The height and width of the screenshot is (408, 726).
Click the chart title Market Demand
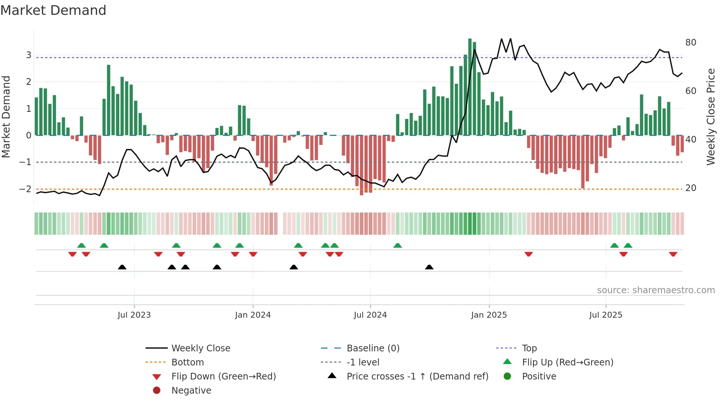pos(53,10)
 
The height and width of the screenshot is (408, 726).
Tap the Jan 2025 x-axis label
pos(489,315)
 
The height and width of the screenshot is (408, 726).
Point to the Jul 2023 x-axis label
pos(134,315)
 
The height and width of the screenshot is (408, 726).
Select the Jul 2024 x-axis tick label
pos(370,315)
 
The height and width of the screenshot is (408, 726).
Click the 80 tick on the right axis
pos(690,43)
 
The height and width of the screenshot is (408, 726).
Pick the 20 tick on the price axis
pos(690,188)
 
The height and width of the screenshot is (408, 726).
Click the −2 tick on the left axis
pos(25,189)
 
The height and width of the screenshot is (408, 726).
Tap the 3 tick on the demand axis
pos(29,55)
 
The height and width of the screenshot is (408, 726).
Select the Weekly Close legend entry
pos(200,348)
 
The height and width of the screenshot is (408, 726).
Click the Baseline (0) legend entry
pos(373,348)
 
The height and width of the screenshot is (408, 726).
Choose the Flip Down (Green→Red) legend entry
pos(223,377)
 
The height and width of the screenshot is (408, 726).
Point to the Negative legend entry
pos(191,391)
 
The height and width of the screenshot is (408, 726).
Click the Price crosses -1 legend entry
pos(417,377)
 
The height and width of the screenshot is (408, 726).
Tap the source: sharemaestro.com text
pos(656,290)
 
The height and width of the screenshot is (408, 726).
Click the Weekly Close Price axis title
pos(710,117)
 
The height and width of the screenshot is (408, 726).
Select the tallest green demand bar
pos(470,87)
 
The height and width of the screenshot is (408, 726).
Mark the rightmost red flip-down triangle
pos(673,254)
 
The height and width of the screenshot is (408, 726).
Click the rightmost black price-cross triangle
pos(429,267)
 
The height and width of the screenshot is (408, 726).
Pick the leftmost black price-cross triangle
pos(122,267)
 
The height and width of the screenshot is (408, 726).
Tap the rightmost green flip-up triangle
pos(628,245)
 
